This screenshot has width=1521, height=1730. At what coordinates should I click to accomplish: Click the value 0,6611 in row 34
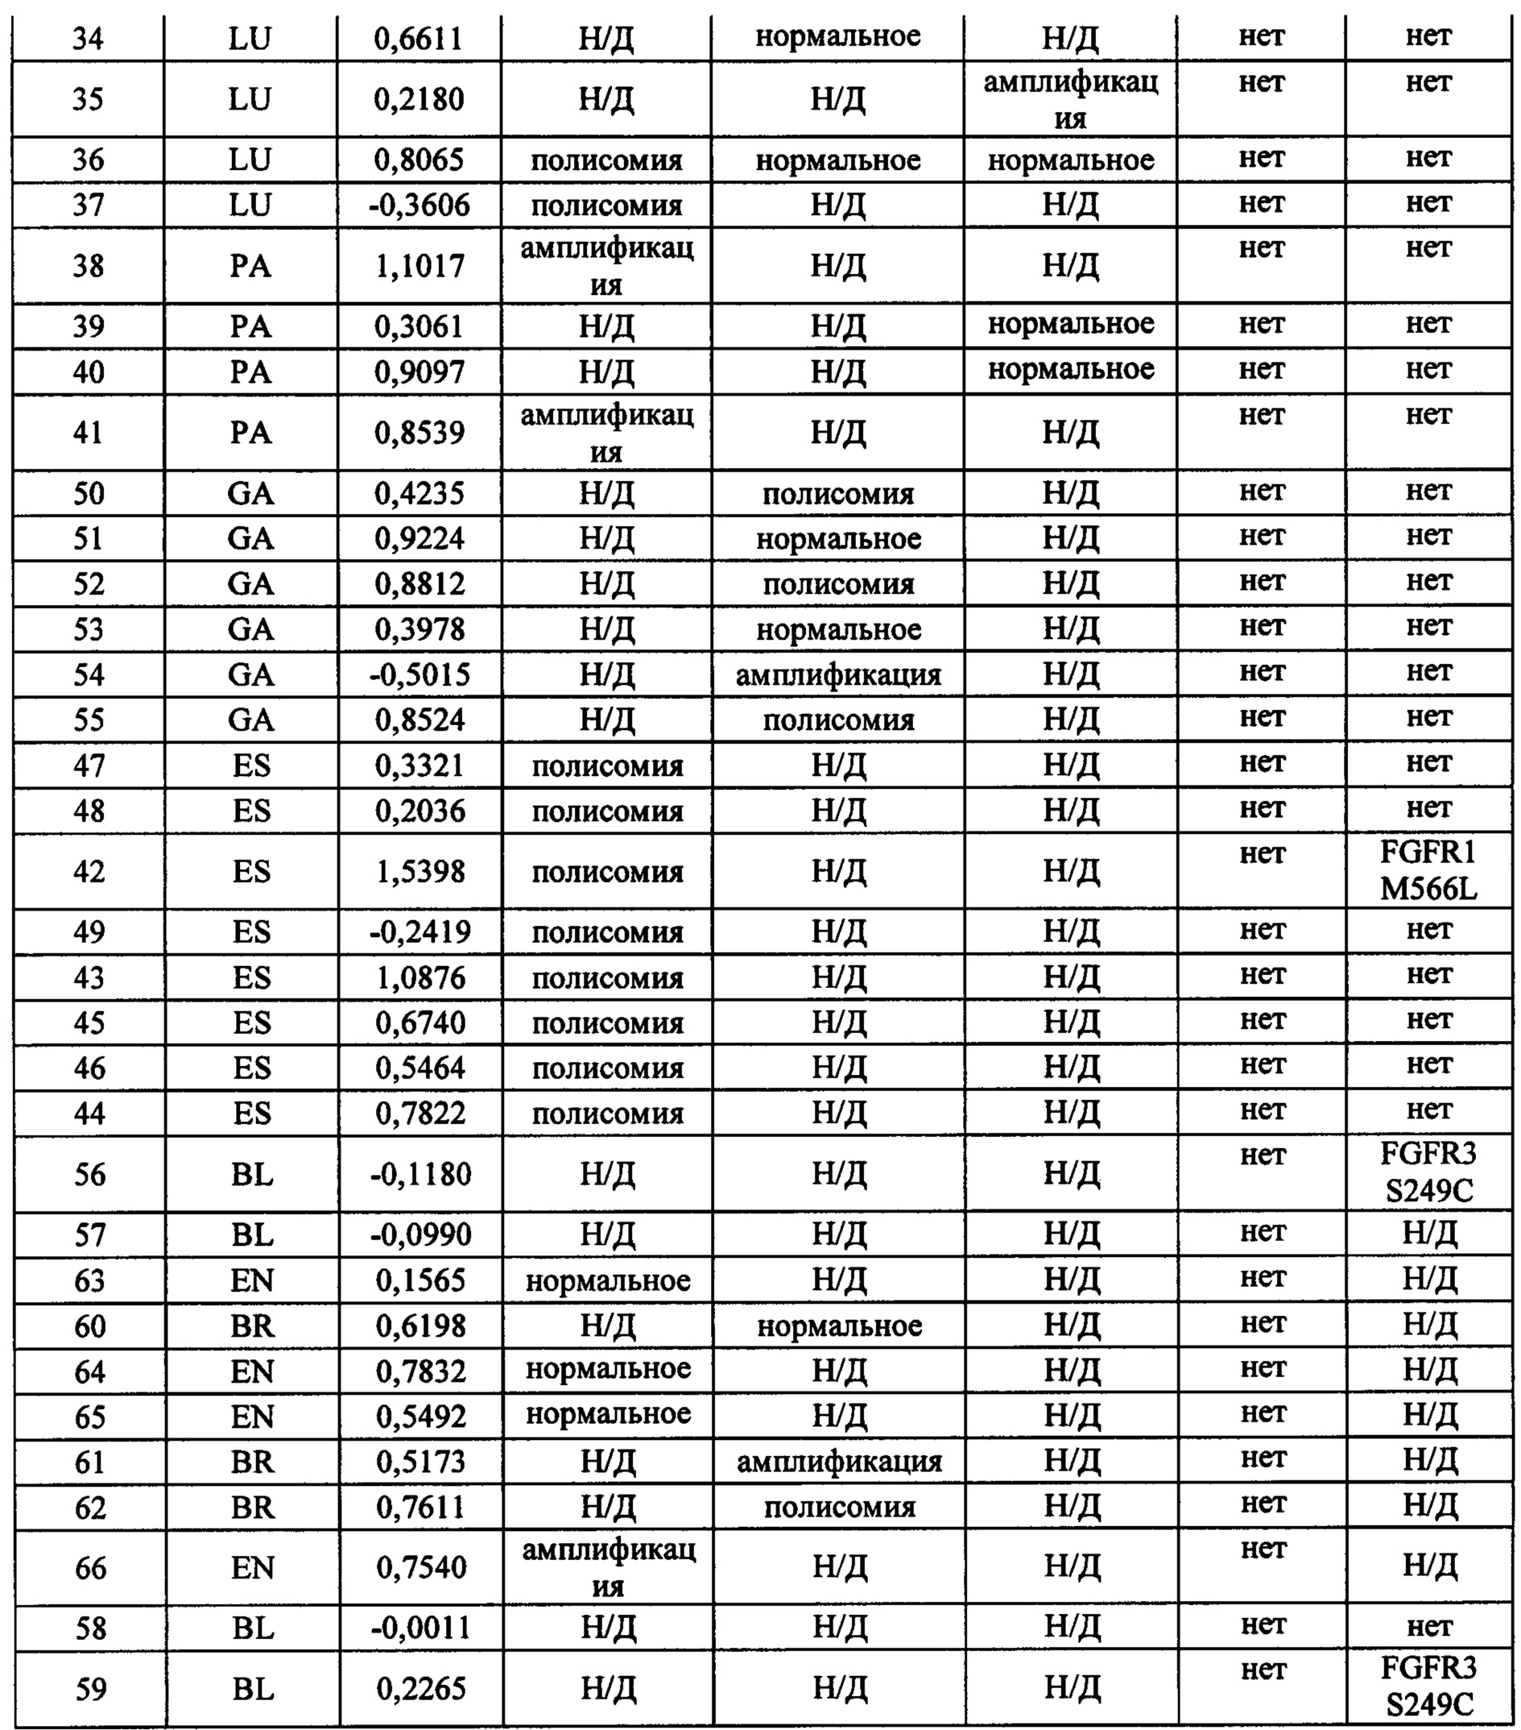click(x=419, y=38)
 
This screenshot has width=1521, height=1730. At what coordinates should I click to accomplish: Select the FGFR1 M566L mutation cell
click(x=1428, y=871)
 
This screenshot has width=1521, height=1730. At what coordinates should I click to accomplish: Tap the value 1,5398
click(x=420, y=872)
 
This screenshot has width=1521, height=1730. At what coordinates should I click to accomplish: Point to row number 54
click(x=89, y=674)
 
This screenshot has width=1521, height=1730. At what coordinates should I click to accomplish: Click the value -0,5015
click(x=420, y=674)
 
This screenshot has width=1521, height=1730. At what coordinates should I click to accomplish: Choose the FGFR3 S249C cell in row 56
click(x=1428, y=1173)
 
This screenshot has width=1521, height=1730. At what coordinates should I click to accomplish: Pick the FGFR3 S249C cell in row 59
click(x=1428, y=1690)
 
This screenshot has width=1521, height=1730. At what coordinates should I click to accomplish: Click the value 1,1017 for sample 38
click(x=420, y=266)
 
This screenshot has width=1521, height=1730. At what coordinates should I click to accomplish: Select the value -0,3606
click(x=420, y=205)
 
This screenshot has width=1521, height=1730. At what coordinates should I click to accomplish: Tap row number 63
click(x=89, y=1280)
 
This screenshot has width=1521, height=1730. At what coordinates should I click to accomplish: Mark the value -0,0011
click(x=420, y=1628)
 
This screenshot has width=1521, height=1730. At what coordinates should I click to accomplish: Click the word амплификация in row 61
click(x=838, y=1462)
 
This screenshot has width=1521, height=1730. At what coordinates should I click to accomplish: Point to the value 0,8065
click(x=420, y=160)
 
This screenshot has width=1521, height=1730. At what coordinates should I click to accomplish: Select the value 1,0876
click(x=420, y=978)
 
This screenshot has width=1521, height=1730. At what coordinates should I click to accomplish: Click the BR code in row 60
click(x=252, y=1326)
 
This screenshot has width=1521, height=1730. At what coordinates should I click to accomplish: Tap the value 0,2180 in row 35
click(x=419, y=99)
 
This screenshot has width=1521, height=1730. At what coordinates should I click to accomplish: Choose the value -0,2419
click(x=420, y=931)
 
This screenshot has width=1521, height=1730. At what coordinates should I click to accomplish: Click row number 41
click(x=89, y=433)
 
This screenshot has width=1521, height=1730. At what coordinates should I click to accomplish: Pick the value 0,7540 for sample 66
click(x=421, y=1567)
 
